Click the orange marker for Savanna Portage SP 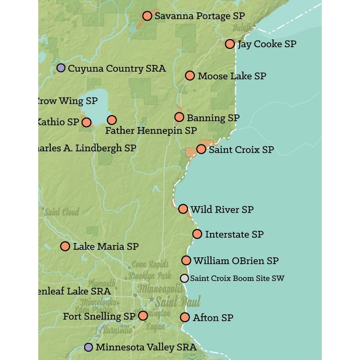tap(147, 16)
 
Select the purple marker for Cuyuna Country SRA tap(61, 68)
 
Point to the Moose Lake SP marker tap(190, 76)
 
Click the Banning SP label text tap(213, 118)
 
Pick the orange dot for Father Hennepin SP tap(112, 120)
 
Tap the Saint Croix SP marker tap(201, 149)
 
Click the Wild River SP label tap(222, 210)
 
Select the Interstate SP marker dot tap(197, 234)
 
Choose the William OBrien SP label tap(236, 261)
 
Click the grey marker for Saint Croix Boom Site tap(184, 278)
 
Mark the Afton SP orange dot tap(185, 317)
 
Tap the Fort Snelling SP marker tap(143, 315)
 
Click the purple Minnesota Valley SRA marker tap(89, 347)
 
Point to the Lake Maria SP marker tap(65, 246)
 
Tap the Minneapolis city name tap(160, 288)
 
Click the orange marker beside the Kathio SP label tap(86, 122)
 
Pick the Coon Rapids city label tap(150, 265)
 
